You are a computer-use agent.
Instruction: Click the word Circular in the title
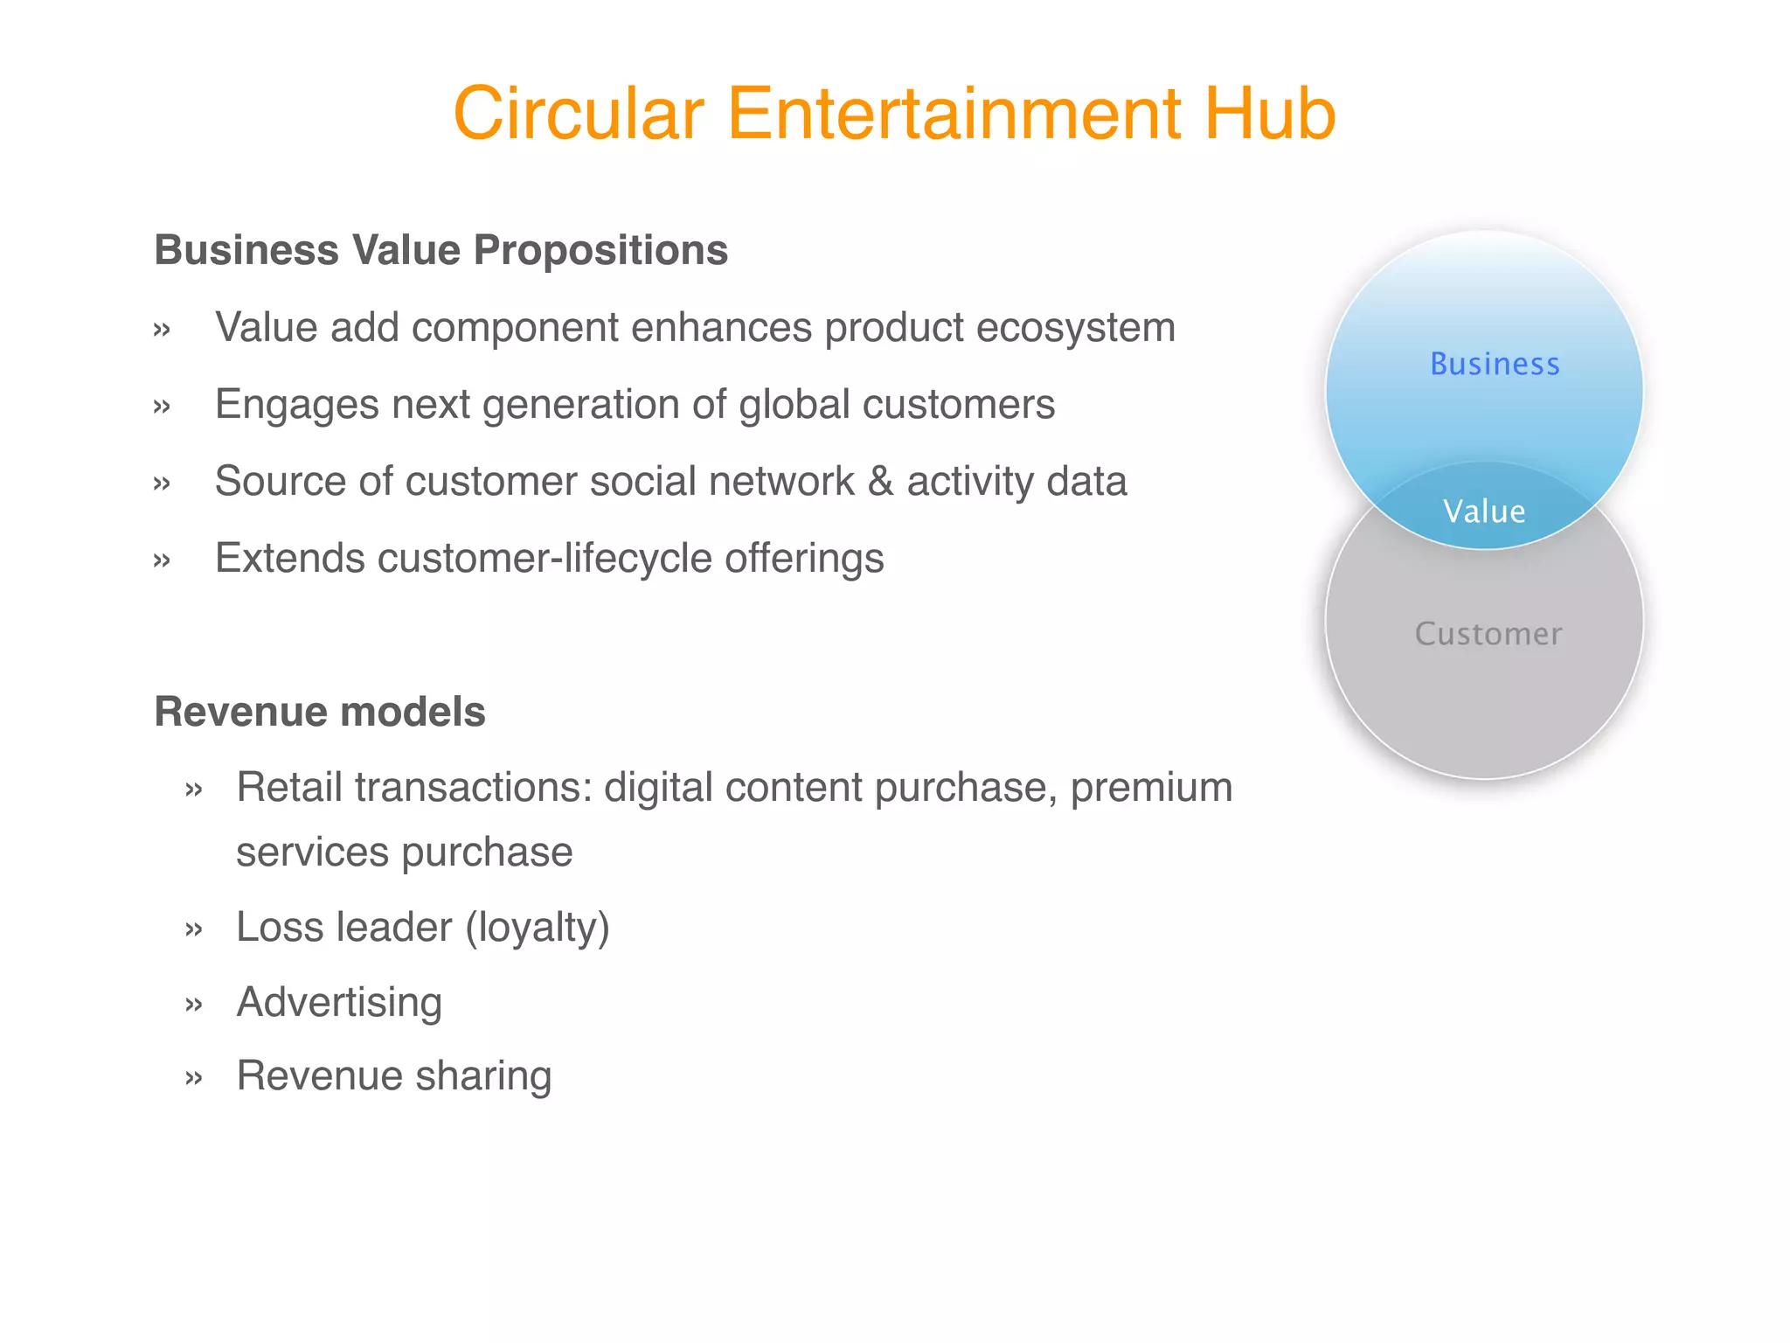(578, 114)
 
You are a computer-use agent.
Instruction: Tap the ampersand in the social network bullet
(881, 482)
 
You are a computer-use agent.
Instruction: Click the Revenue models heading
(319, 712)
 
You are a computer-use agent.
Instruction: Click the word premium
(1151, 788)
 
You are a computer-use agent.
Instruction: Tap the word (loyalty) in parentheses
(537, 928)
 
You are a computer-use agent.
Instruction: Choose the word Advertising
(339, 1003)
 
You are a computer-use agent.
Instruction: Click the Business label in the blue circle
(1495, 365)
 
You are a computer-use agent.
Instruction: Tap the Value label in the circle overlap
(1484, 511)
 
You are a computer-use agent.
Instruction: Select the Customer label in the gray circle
(1488, 634)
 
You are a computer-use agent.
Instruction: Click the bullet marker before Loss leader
(194, 929)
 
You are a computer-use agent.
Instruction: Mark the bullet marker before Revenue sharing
(194, 1078)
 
